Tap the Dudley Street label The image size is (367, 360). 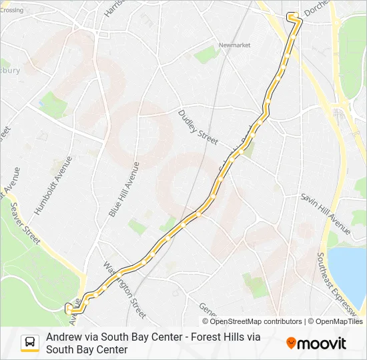[x=198, y=127]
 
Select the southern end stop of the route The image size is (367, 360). [x=67, y=307]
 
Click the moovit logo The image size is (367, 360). [x=316, y=343]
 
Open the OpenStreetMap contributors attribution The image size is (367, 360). [x=252, y=321]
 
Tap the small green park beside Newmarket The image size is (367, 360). [x=207, y=55]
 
